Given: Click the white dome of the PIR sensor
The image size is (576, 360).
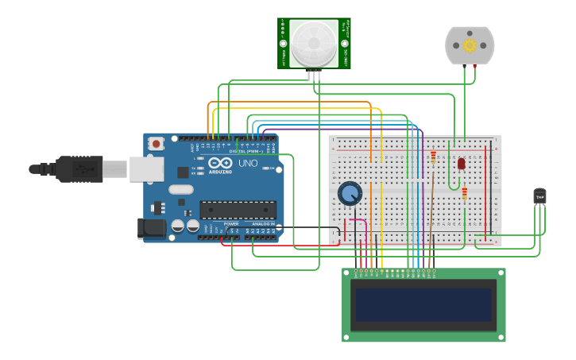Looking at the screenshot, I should (313, 42).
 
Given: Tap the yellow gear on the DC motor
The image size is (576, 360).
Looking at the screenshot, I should (470, 45).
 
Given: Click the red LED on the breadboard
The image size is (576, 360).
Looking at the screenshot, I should (461, 163).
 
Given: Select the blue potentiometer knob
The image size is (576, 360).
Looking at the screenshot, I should (350, 193).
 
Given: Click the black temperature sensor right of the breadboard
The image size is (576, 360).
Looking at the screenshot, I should (539, 195).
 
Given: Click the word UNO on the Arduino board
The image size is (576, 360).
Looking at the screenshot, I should (248, 164).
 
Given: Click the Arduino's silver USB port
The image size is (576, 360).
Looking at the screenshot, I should (146, 168).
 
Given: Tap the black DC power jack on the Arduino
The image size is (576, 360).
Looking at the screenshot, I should (152, 228).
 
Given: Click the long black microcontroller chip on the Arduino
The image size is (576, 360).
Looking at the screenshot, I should (238, 210).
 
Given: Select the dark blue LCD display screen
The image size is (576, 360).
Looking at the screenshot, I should (423, 304).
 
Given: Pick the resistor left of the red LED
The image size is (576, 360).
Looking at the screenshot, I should (433, 157).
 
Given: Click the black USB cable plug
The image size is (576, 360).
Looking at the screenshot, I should (79, 168).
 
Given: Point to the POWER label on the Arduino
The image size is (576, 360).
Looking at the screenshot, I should (230, 224).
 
